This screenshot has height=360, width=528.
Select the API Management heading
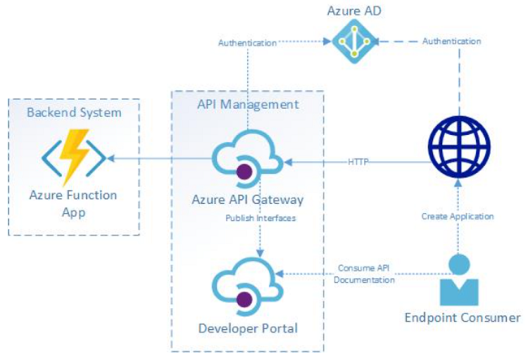248,104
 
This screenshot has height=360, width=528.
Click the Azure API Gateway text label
248,199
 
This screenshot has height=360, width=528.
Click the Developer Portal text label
248,328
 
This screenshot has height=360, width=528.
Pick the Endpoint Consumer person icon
459,280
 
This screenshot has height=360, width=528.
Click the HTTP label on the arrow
358,162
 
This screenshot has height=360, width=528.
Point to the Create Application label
457,216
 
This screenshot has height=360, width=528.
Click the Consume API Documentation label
364,275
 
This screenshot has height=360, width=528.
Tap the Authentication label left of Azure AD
247,42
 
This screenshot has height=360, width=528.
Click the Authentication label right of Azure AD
451,41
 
